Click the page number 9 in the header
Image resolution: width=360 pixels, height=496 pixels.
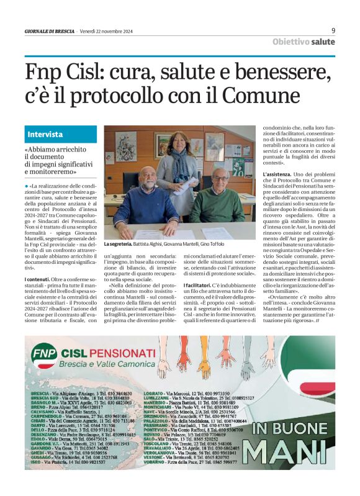333,30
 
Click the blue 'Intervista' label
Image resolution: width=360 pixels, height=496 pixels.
45,134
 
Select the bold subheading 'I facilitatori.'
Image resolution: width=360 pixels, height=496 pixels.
199,284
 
